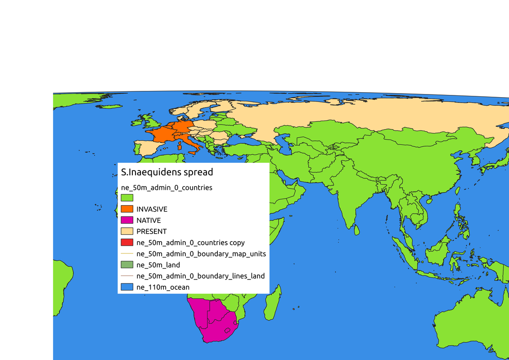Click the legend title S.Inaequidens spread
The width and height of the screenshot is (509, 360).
[167, 172]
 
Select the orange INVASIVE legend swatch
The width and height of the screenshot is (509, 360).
[127, 209]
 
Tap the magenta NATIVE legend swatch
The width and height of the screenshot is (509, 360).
[127, 220]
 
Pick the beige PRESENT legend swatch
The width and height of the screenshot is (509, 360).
[127, 231]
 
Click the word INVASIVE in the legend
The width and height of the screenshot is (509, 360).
[152, 209]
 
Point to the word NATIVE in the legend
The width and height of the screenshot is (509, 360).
[149, 220]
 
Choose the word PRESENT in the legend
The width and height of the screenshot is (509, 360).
[151, 231]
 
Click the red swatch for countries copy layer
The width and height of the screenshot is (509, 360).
[127, 243]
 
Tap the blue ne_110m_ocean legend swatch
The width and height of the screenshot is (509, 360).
[127, 287]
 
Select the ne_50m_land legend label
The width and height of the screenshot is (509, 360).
[158, 265]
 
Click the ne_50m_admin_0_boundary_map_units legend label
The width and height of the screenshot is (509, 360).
[201, 254]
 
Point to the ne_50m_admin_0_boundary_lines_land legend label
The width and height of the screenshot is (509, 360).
[200, 276]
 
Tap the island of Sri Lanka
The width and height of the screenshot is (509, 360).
[356, 230]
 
